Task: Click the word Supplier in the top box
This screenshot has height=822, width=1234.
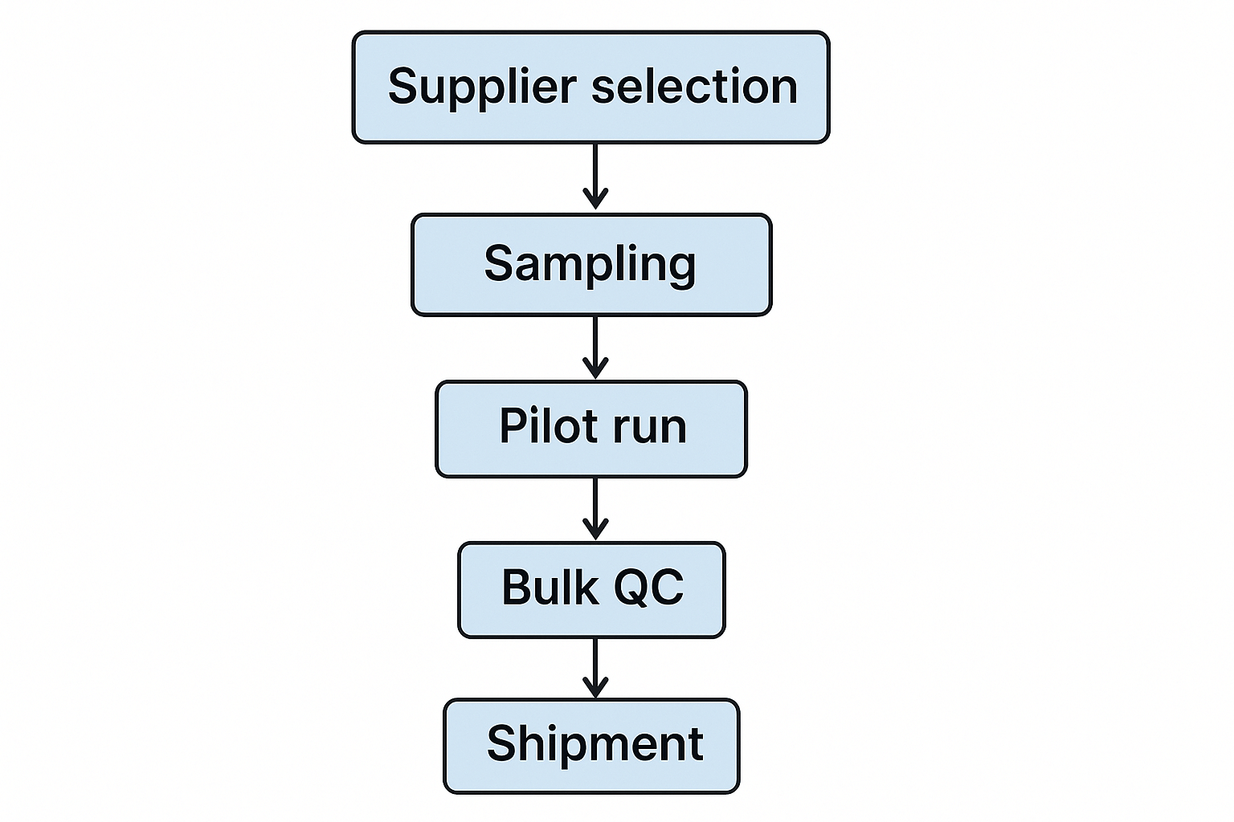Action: coord(482,87)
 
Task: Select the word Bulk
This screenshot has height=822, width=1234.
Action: coord(550,587)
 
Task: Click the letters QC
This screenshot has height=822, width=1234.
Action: coord(649,587)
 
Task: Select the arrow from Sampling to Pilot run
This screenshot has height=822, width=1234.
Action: coord(595,343)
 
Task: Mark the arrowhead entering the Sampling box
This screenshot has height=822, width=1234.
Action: coord(595,200)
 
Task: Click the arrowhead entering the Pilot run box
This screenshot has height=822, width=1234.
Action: coord(595,369)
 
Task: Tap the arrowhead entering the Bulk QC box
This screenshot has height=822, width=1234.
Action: coord(595,531)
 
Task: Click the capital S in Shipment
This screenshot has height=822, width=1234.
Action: coord(502,743)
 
